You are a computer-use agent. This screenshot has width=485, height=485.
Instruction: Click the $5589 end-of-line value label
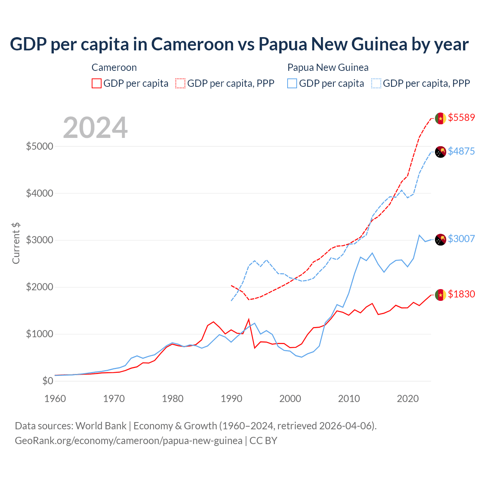461,117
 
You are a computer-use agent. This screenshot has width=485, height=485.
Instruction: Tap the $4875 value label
461,151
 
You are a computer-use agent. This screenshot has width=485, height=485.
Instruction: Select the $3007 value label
461,239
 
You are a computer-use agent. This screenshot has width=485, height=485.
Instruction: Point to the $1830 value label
461,294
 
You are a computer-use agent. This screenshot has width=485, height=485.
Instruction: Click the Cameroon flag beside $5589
440,118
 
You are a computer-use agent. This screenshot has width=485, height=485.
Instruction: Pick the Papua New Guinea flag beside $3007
440,239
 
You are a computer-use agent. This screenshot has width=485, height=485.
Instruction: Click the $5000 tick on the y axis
39,146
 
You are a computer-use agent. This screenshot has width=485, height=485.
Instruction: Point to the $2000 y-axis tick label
39,287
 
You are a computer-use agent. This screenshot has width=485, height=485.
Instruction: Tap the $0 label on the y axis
47,381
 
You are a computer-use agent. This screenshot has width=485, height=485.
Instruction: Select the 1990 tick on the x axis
231,399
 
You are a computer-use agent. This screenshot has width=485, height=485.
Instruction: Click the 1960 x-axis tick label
55,399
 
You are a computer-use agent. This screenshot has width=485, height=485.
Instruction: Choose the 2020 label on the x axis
407,399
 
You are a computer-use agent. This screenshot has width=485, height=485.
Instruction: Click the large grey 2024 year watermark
95,128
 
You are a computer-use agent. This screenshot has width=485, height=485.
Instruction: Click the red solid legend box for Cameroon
97,83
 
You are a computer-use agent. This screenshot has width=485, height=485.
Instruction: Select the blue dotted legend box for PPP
376,83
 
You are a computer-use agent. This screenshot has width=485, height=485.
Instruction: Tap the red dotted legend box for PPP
180,83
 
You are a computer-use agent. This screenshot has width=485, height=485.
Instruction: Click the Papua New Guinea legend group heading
328,67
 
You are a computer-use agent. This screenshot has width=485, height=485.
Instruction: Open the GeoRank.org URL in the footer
128,441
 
